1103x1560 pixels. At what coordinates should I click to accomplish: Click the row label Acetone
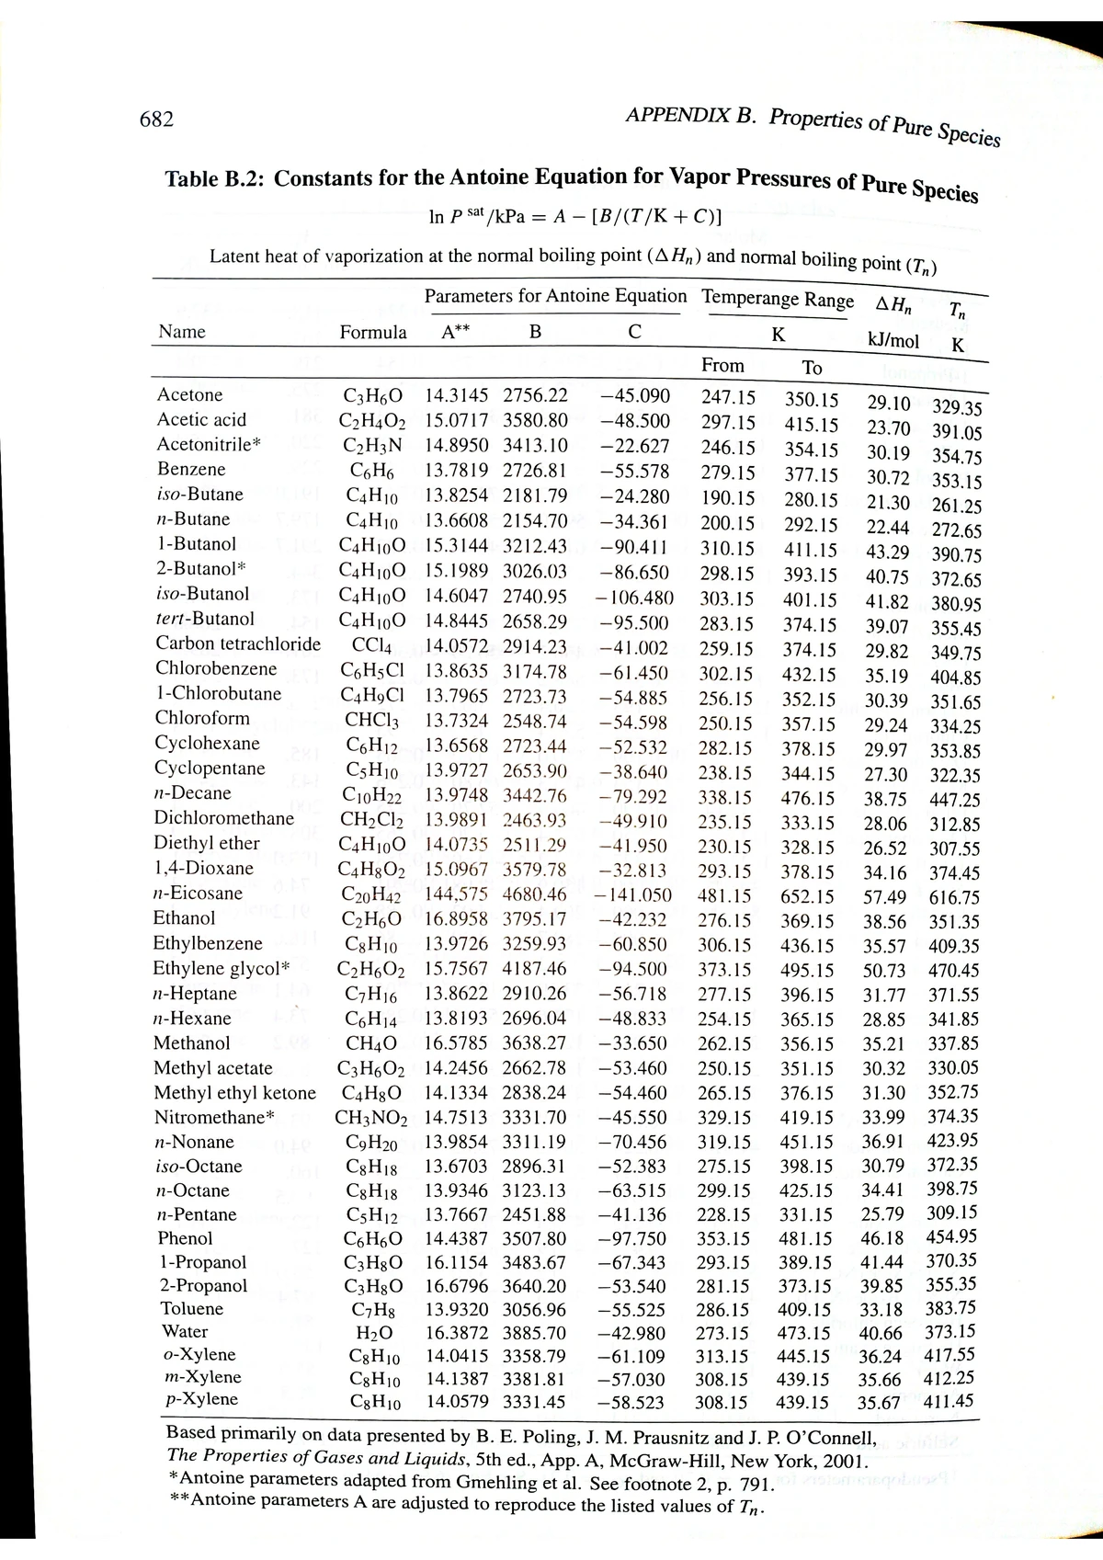tap(190, 395)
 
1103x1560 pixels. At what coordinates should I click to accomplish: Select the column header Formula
tap(373, 333)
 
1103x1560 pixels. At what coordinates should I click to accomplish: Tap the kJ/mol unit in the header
tap(893, 341)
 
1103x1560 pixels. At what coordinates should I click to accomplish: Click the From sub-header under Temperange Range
tap(722, 366)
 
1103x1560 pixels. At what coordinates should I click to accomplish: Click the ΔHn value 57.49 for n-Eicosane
tap(884, 897)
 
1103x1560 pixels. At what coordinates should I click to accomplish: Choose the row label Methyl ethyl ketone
tap(234, 1094)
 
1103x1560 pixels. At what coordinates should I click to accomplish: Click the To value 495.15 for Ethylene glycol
tap(807, 971)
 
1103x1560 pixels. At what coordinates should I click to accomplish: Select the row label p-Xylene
tap(199, 1400)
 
